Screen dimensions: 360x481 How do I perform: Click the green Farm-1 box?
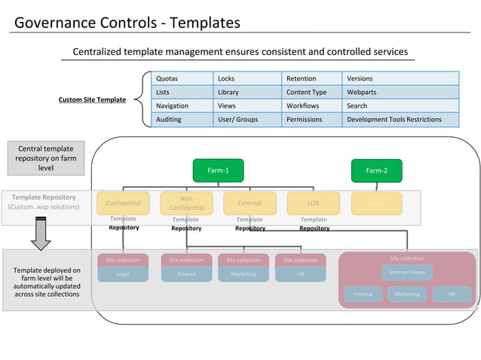pos(218,170)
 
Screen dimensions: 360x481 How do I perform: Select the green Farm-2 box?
pos(376,170)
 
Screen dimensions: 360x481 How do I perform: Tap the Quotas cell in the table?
pos(182,78)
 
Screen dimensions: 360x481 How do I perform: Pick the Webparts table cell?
pos(400,92)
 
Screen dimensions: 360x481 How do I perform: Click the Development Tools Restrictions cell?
pos(400,119)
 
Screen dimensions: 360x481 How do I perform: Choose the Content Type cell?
pos(312,92)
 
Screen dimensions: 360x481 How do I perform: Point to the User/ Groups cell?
pos(248,119)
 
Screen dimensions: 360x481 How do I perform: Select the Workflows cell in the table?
pos(312,105)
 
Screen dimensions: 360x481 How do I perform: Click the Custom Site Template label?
pos(93,99)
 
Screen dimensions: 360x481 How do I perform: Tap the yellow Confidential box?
pos(123,203)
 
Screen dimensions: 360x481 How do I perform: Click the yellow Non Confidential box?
pos(186,203)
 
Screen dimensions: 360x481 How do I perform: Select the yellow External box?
pos(250,203)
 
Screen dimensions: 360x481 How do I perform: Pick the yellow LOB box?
pos(313,203)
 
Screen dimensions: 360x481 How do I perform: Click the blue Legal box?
pos(123,274)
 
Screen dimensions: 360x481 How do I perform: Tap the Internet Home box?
pos(406,273)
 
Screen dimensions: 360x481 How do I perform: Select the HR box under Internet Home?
pos(452,294)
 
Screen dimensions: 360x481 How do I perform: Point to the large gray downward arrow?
pos(41,233)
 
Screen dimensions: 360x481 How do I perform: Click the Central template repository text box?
pos(45,158)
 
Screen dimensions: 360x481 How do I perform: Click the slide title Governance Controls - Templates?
pos(127,23)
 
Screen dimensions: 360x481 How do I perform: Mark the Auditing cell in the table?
pos(182,119)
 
